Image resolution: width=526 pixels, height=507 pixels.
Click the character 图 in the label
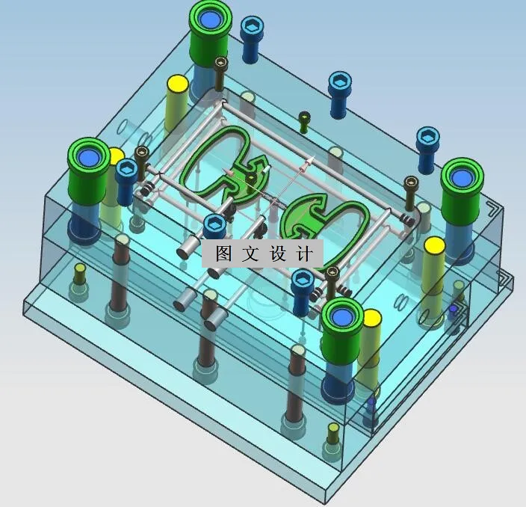[223, 254]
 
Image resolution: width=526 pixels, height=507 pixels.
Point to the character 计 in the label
[304, 254]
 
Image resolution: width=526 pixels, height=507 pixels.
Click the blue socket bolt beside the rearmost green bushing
[251, 34]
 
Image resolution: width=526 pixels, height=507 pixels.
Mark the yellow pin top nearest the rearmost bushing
[177, 83]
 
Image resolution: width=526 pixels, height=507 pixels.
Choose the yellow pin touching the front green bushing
[371, 319]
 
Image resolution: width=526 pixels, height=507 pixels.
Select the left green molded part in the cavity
[217, 165]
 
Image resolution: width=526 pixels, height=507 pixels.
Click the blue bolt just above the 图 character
[214, 223]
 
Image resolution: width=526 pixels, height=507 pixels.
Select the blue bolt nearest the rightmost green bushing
[428, 138]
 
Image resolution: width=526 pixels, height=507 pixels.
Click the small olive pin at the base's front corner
[333, 430]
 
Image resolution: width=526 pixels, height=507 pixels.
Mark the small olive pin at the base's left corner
[80, 270]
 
